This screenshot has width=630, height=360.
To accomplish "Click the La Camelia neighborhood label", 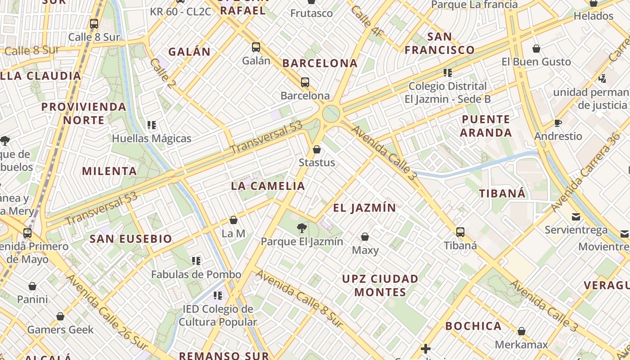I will (x=268, y=186).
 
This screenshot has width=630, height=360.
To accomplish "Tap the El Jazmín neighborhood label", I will (x=364, y=208).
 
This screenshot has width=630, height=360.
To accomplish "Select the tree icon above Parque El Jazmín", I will (x=302, y=228).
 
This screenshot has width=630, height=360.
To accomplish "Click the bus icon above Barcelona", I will (x=305, y=82).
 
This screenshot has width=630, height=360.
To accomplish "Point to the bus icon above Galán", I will (x=256, y=47).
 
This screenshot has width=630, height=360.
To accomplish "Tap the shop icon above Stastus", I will (x=317, y=149).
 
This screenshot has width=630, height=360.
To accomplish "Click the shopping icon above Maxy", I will (x=365, y=237).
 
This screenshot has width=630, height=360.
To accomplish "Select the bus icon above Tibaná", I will (x=460, y=232).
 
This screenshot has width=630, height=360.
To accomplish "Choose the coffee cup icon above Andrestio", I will (x=558, y=123).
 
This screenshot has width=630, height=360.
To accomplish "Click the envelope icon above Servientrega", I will (x=576, y=217).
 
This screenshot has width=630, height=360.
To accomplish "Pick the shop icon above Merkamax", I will (x=521, y=332).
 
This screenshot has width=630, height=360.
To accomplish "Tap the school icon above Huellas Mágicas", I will (x=152, y=125).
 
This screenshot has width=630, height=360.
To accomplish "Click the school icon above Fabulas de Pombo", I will (x=196, y=261).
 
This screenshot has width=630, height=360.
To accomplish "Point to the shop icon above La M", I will (x=234, y=220).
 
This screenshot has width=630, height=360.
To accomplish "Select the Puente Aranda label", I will (x=486, y=126).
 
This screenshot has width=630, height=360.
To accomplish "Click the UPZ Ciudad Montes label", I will (x=380, y=285).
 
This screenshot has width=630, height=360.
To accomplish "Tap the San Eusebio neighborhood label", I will (x=131, y=239).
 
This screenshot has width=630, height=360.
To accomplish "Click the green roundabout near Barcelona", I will (x=331, y=114).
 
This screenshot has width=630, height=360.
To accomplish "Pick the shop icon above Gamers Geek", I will (x=60, y=316).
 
